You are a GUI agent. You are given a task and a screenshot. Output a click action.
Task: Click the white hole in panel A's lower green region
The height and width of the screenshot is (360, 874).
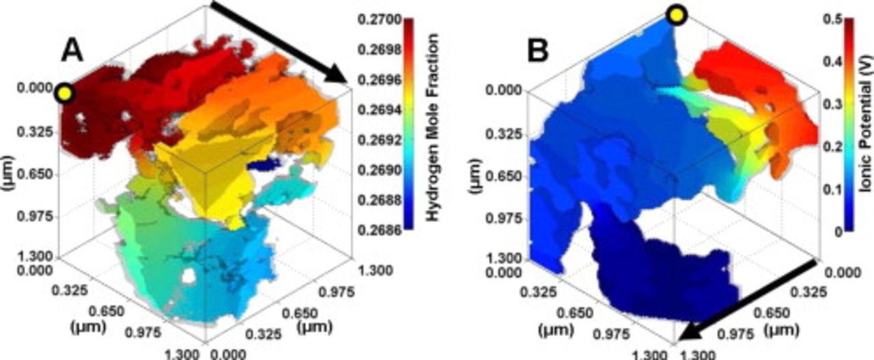tap(189, 278)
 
